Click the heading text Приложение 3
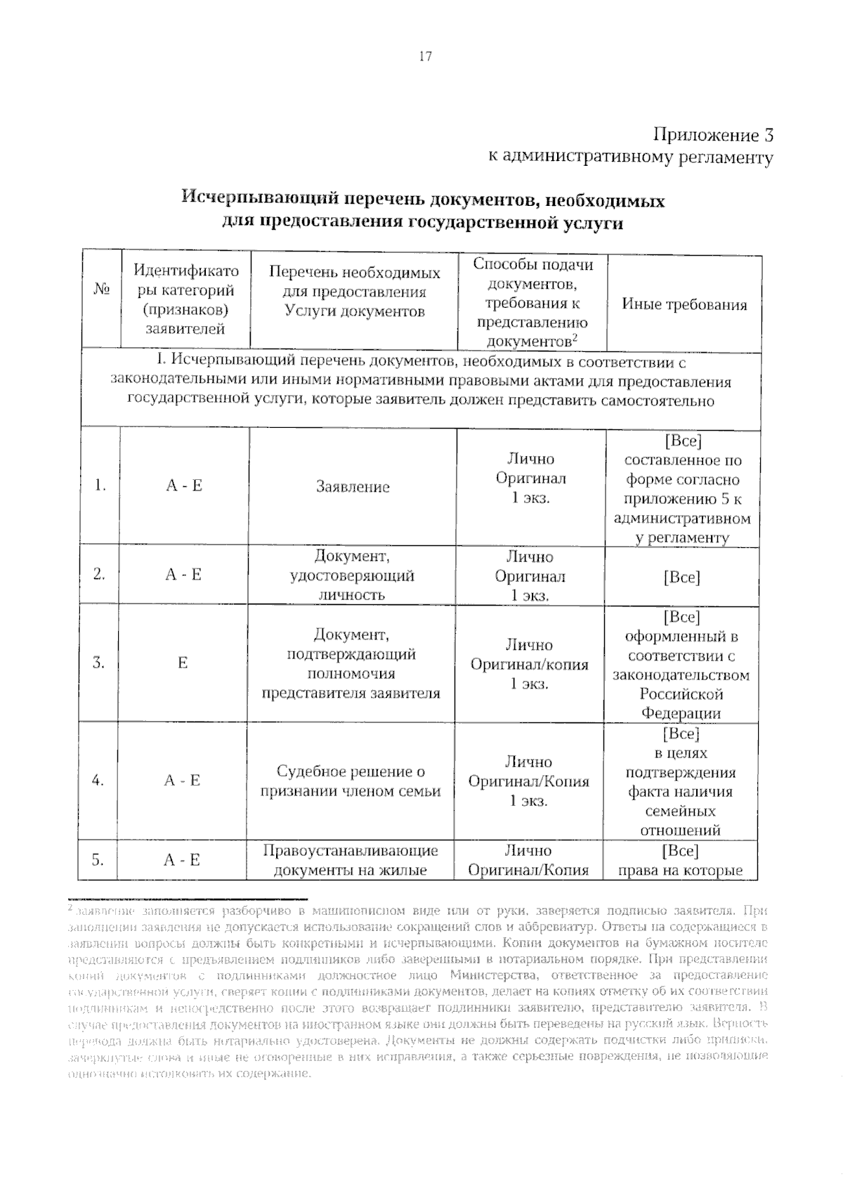713,135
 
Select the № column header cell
100,289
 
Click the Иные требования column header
684,304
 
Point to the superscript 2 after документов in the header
574,337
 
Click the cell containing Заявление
353,487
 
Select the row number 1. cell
100,485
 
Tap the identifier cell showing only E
183,663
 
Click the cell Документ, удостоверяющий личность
352,575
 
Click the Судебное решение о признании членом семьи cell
351,781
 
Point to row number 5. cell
98,859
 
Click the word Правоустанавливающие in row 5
350,851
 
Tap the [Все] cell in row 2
681,578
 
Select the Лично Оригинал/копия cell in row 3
530,664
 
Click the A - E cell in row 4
183,781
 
